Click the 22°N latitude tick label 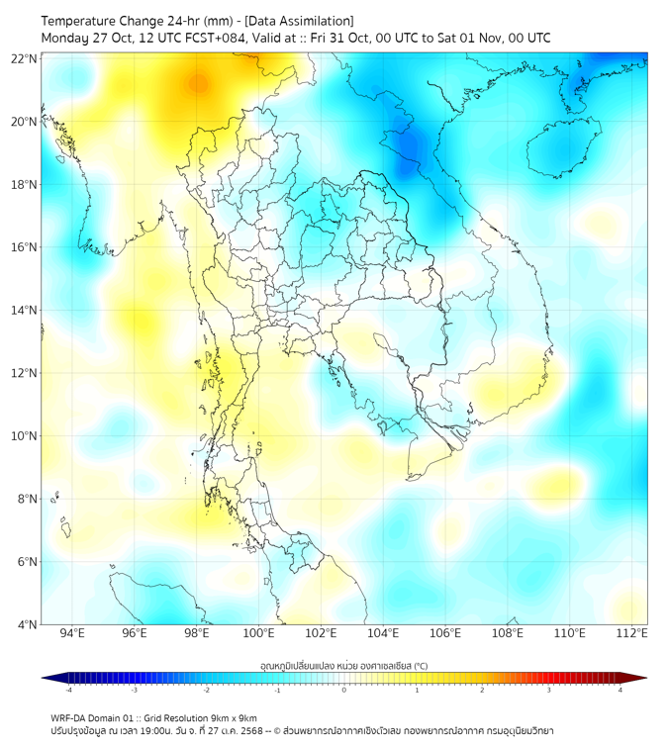pyautogui.click(x=25, y=59)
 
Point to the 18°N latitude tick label pyautogui.click(x=25, y=185)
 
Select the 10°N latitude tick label pyautogui.click(x=25, y=436)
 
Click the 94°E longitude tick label pyautogui.click(x=72, y=633)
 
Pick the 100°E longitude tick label pyautogui.click(x=259, y=633)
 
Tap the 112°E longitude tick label pyautogui.click(x=631, y=633)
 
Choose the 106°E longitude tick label pyautogui.click(x=445, y=633)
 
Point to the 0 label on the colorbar pyautogui.click(x=344, y=690)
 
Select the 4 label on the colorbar pyautogui.click(x=621, y=690)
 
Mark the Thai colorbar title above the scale pyautogui.click(x=343, y=664)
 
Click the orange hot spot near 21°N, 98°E pyautogui.click(x=199, y=84)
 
